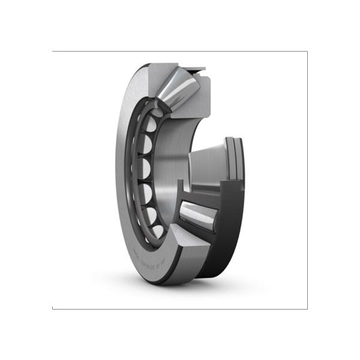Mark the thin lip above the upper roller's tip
196,71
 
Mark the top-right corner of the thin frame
307,52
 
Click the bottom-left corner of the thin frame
53,308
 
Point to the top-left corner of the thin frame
53,52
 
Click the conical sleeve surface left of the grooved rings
207,162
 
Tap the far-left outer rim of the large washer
118,174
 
